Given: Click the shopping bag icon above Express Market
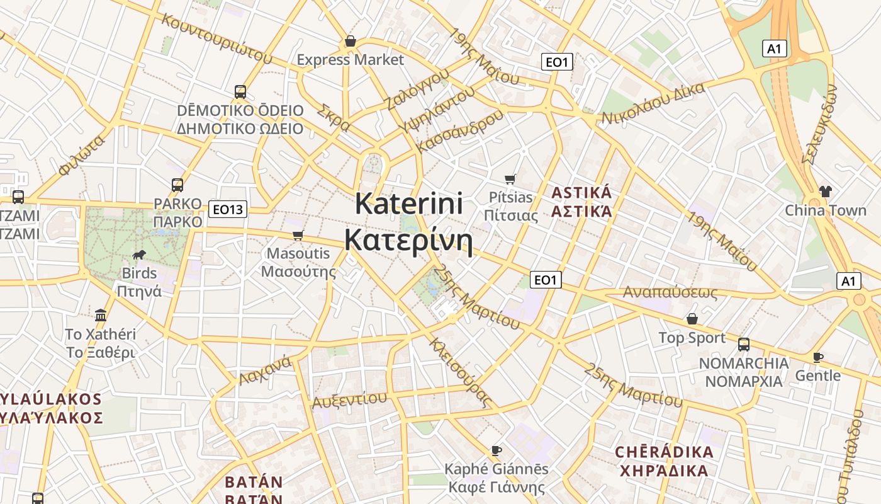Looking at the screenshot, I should coord(351,42).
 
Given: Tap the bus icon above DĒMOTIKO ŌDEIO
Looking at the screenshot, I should coord(240,92).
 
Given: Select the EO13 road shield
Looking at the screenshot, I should coord(228,209).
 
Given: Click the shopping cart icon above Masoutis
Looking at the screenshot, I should coord(298,235).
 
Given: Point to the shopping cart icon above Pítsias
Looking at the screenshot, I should coord(510,180).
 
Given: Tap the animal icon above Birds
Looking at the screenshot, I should coord(139,255).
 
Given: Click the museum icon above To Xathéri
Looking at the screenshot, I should coord(101,315).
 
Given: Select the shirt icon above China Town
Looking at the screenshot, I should coord(825,192).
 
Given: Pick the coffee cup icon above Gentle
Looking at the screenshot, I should coord(817,357).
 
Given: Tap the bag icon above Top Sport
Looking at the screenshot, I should coord(692,319).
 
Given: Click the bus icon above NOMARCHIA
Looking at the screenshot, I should coord(744,345).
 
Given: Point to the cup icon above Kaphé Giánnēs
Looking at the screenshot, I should coord(497,450).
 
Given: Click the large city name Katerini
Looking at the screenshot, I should coord(409,203).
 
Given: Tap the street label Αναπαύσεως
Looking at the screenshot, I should coord(670,292).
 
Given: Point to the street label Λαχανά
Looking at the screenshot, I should coord(265,370).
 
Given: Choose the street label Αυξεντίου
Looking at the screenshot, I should coord(349,399).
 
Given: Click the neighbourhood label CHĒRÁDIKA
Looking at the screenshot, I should coord(664,452).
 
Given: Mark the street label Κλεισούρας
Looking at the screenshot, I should coord(459,372).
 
